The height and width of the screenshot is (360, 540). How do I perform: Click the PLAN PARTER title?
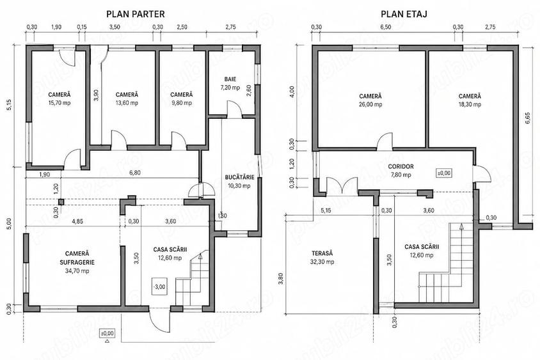[136, 14]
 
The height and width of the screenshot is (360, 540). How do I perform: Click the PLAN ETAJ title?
[404, 14]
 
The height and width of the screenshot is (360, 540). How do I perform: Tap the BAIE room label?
[230, 79]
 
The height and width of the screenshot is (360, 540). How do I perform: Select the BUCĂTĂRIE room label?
[240, 177]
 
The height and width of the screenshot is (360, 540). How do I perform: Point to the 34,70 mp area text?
[77, 271]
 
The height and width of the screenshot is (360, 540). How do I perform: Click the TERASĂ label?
[322, 253]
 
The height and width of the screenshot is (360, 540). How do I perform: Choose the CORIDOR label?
[401, 166]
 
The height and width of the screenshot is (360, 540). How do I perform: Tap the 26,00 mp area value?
[370, 105]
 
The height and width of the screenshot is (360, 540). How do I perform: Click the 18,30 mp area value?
[470, 105]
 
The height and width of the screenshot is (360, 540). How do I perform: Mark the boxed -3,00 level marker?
[159, 286]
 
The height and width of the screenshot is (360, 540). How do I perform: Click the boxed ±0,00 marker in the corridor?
[444, 173]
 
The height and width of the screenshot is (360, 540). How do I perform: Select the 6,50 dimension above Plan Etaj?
[386, 27]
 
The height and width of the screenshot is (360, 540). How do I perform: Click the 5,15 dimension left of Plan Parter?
[10, 105]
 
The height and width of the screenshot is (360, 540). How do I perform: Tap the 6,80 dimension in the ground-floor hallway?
[134, 173]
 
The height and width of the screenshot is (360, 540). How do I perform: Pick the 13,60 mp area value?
[127, 103]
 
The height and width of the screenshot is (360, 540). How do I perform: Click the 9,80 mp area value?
[182, 103]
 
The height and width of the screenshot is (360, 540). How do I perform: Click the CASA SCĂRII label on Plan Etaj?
[422, 247]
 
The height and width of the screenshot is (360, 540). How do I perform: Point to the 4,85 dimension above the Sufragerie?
[77, 221]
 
